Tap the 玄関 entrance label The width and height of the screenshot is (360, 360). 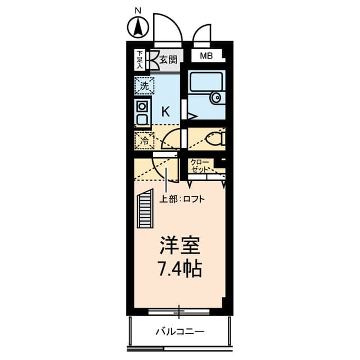point(168,59)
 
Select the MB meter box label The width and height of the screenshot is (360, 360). point(206,56)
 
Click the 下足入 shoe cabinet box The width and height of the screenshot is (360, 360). point(139,58)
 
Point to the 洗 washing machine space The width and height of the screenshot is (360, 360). point(145,86)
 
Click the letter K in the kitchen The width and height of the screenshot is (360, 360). point(165,111)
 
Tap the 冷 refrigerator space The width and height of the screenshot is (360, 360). point(145,140)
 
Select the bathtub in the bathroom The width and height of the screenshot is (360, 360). point(205,83)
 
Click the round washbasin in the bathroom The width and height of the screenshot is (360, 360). point(217,98)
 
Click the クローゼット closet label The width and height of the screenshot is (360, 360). point(200,165)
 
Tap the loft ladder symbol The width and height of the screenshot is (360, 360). point(146,208)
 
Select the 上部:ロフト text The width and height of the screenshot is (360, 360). point(182,199)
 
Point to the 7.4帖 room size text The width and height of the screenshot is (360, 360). point(179,269)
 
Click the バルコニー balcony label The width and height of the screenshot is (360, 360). point(180,331)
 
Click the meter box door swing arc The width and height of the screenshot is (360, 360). point(202,34)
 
